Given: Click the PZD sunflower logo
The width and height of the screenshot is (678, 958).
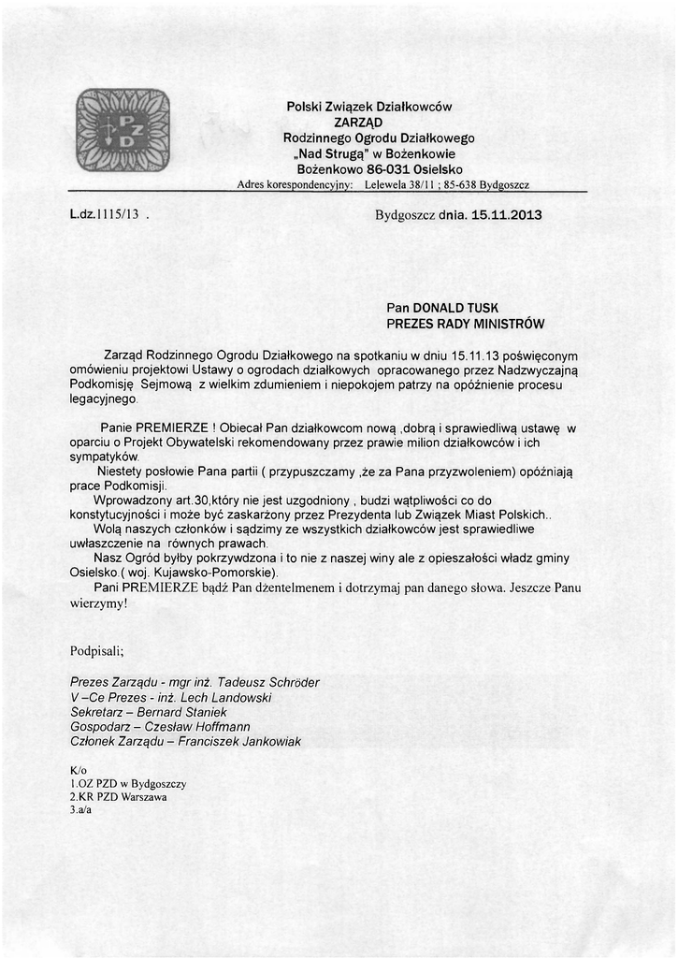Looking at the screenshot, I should click(x=122, y=129).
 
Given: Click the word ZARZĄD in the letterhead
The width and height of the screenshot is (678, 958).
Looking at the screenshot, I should click(x=357, y=123).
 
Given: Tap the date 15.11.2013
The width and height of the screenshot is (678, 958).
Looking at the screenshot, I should click(x=507, y=215).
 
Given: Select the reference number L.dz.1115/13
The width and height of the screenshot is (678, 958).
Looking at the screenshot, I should click(x=105, y=214).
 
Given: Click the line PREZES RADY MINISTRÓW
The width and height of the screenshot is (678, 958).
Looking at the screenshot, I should click(x=465, y=324).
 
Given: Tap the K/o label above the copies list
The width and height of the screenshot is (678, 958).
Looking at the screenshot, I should click(x=78, y=770).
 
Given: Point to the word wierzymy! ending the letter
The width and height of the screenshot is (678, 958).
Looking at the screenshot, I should click(x=98, y=603).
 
